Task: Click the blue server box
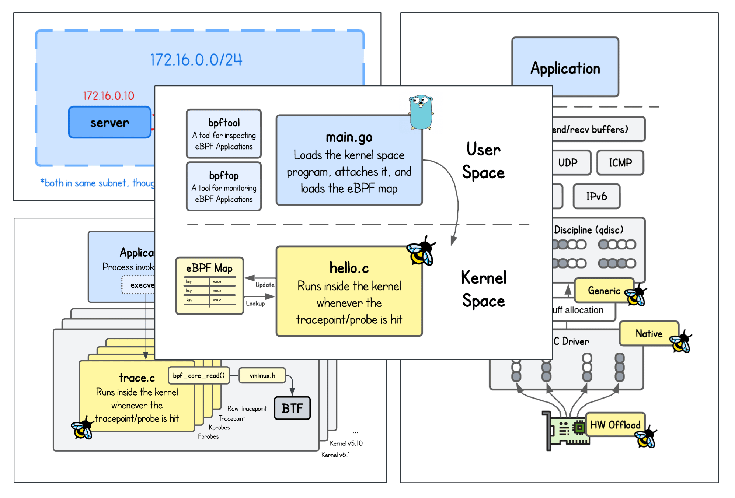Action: (109, 122)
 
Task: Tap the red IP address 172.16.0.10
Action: (108, 96)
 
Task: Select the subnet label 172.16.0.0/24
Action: (196, 60)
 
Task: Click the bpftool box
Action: (224, 133)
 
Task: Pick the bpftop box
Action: (224, 186)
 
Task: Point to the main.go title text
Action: (349, 137)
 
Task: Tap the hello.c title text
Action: (349, 268)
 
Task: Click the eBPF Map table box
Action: (209, 286)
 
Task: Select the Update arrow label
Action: (265, 285)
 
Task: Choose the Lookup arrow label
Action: (255, 304)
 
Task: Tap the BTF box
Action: (292, 408)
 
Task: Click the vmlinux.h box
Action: (262, 375)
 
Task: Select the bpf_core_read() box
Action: (199, 375)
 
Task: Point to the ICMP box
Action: (620, 162)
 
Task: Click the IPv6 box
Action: (596, 196)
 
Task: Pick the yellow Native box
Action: (649, 333)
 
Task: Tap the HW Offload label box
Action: (615, 425)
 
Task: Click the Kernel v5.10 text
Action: (346, 443)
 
